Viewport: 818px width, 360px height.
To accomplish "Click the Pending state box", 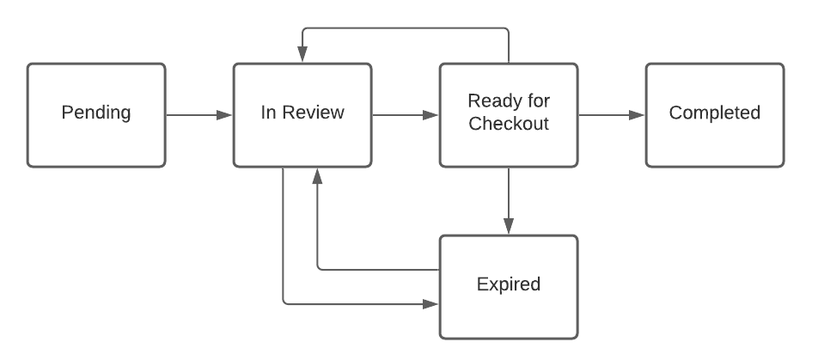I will click(x=95, y=114).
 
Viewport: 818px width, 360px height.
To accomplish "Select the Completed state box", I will click(x=714, y=114).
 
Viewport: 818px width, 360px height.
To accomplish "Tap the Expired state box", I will click(x=508, y=285).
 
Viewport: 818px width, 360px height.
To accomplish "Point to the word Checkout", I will click(x=508, y=125).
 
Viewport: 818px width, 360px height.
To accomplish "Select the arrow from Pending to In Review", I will click(x=198, y=114).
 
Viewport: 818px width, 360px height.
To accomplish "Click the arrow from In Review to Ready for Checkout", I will click(x=405, y=114).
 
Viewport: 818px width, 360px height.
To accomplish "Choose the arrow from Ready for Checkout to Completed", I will click(x=611, y=114).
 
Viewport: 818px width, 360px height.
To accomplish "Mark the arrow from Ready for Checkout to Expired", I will click(x=509, y=200).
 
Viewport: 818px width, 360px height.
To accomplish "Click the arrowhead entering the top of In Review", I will click(x=302, y=55).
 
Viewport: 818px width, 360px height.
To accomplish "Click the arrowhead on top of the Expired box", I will click(x=509, y=227).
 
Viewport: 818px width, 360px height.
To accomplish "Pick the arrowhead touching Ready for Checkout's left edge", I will click(x=431, y=114).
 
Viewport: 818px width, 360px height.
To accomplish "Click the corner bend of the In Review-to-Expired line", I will click(x=284, y=303).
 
